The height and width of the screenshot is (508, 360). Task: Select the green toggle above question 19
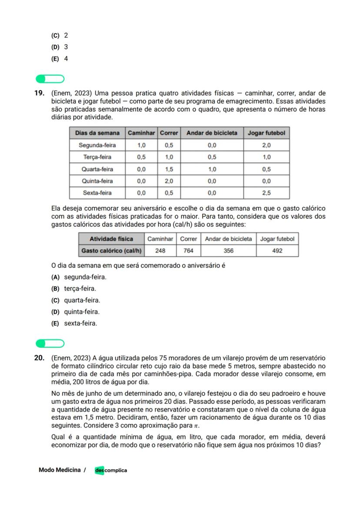click(x=50, y=79)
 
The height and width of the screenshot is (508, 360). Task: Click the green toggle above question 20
click(x=50, y=344)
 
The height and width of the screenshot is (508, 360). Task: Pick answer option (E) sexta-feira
click(x=74, y=323)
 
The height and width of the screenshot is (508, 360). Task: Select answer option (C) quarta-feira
click(x=76, y=300)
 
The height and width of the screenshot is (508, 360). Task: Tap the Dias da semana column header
click(x=97, y=133)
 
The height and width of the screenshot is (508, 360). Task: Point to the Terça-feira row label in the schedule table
click(x=97, y=157)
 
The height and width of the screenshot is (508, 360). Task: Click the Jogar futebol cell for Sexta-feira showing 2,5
click(x=266, y=193)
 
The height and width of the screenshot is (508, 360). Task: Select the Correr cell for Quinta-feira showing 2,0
click(x=169, y=181)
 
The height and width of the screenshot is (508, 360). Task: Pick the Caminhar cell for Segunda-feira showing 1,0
click(x=141, y=145)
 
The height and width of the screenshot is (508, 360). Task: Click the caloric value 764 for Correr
click(x=188, y=251)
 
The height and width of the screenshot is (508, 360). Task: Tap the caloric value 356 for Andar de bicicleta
click(x=228, y=251)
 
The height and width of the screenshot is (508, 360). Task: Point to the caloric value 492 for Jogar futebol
click(x=277, y=251)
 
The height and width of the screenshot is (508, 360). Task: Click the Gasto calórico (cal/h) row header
click(x=111, y=251)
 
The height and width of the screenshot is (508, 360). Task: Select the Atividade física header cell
click(x=111, y=239)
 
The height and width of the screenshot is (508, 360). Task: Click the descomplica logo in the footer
click(x=111, y=470)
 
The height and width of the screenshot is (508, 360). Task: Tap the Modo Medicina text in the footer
click(x=60, y=470)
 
